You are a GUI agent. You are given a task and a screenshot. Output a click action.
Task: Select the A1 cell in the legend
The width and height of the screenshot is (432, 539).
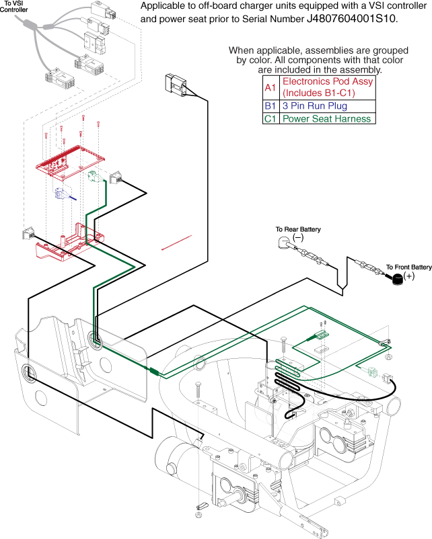(x=269, y=87)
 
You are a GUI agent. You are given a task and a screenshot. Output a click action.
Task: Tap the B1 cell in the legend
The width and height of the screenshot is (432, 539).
(x=269, y=106)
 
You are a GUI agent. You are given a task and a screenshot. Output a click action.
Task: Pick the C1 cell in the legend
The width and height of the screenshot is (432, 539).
(x=269, y=119)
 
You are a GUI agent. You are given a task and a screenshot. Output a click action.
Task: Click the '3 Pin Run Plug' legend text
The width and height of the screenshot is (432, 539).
(x=315, y=106)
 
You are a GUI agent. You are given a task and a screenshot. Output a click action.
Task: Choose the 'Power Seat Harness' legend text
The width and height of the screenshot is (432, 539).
(x=326, y=119)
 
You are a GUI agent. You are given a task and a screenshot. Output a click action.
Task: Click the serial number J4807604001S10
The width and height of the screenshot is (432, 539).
(x=351, y=19)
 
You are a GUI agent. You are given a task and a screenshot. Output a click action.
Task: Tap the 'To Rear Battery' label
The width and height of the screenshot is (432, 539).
(x=298, y=230)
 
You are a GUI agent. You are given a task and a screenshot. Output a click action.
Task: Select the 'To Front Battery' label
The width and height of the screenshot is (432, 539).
(x=408, y=267)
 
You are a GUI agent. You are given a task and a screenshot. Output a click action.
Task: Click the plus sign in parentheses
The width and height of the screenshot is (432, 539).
(x=408, y=276)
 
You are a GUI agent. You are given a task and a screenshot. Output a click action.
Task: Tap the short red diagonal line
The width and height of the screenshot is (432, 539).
(x=177, y=243)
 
